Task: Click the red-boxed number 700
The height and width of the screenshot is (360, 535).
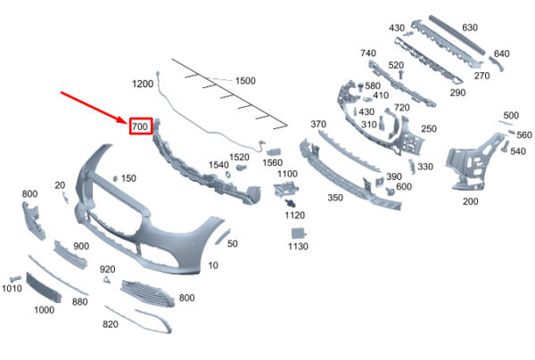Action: point(140,127)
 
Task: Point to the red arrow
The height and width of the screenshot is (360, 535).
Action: point(94,106)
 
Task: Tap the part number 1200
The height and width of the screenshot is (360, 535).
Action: point(143,84)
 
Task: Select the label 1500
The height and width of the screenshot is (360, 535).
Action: point(245,80)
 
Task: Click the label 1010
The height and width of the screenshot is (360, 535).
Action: point(12,289)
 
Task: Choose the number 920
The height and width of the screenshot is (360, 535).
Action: point(108,268)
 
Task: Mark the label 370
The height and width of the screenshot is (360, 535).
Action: point(318,124)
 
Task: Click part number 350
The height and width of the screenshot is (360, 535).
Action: point(335,198)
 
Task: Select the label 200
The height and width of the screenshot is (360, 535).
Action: point(471,201)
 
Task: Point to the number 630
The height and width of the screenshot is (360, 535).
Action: point(470,28)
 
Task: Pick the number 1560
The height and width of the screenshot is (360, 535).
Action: point(272,162)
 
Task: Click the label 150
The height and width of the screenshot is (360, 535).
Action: point(128,178)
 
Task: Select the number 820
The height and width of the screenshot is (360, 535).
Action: point(110,324)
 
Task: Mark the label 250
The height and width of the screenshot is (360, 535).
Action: point(429,128)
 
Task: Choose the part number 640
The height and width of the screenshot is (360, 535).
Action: point(501,53)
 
